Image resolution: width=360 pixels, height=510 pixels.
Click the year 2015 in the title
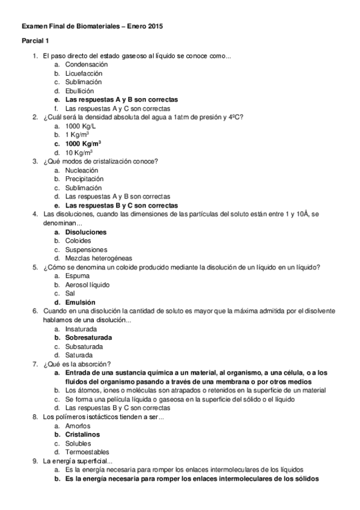(155, 26)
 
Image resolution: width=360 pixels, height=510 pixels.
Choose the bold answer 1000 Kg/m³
(83, 144)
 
